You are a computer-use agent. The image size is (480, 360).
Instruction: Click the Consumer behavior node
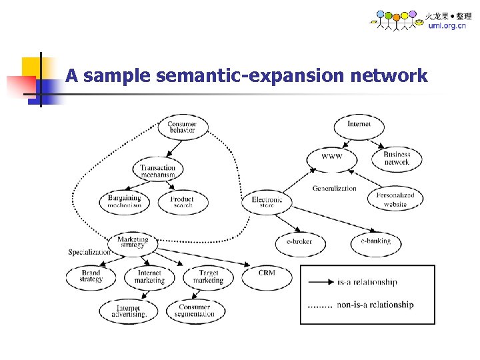(x=182, y=127)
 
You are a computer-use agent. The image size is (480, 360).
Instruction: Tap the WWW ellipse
(x=331, y=158)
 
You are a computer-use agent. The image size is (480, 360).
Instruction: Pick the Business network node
(x=397, y=158)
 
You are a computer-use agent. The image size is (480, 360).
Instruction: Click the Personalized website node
(x=395, y=199)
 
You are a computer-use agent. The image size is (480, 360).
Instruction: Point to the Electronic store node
(x=267, y=201)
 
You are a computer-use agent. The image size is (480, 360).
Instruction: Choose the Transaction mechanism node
(x=158, y=171)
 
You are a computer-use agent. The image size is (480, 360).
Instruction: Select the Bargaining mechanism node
(x=125, y=201)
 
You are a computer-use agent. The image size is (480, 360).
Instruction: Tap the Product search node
(x=182, y=202)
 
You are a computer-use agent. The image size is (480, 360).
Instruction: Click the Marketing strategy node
(x=133, y=243)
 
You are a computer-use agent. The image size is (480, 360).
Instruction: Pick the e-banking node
(x=376, y=241)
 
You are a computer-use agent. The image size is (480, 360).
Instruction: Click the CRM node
(x=266, y=275)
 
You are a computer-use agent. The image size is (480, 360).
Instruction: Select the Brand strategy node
(x=91, y=276)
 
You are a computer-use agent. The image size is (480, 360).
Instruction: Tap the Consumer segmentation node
(x=195, y=311)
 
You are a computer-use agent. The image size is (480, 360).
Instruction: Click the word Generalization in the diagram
(x=334, y=189)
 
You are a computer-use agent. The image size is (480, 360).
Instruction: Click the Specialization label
(x=89, y=253)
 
